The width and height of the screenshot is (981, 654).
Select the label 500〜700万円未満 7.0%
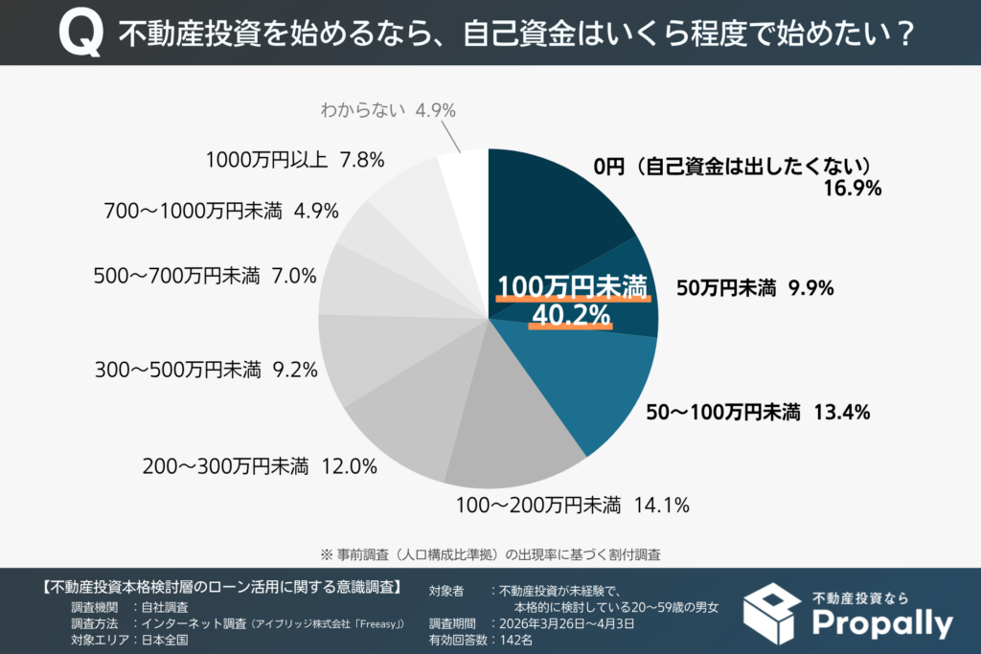[x=205, y=276]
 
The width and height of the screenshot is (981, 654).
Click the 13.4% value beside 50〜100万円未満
[x=841, y=413]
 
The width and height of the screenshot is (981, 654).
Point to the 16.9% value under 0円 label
[x=852, y=189]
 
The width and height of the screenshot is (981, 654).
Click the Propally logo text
[x=882, y=623]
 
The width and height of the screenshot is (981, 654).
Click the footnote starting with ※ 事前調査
[x=490, y=553]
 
